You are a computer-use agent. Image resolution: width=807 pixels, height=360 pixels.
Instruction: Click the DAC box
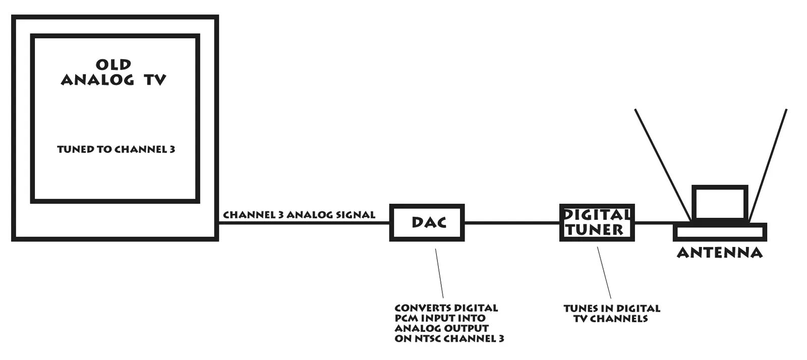point(427,222)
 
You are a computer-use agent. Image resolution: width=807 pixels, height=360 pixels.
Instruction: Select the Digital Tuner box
point(597,222)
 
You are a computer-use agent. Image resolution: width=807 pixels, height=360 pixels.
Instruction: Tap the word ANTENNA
point(719,253)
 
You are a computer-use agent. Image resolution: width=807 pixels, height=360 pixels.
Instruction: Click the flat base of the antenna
point(720,232)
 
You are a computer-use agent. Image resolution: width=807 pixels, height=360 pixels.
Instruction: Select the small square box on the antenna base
point(720,203)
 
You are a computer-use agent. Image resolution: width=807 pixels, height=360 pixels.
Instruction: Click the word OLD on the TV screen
point(113,65)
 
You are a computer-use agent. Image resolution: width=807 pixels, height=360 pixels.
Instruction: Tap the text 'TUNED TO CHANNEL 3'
point(116,149)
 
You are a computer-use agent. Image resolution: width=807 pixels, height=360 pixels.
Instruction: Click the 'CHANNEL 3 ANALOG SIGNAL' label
point(299,215)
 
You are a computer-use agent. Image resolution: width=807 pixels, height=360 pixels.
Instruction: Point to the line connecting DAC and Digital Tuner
point(511,222)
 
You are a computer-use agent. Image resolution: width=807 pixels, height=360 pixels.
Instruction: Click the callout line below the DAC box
point(439,273)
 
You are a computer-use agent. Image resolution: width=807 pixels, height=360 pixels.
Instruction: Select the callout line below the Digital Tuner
point(604,273)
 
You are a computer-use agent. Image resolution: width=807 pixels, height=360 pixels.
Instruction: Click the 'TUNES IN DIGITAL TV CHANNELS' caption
point(611,313)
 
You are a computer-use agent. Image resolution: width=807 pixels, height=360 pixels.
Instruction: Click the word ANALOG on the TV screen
point(97,80)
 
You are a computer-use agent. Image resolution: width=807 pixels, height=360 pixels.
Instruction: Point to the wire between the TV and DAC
point(303,223)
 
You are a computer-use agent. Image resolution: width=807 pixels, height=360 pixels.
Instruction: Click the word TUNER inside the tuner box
point(595,230)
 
